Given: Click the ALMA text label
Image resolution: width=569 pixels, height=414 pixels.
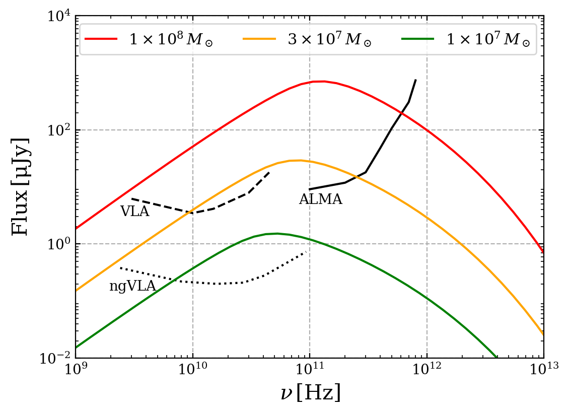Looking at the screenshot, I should coord(320,199).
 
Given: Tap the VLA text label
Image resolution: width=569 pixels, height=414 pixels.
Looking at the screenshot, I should coord(134,212).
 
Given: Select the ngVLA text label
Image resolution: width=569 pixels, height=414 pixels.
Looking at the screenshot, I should coord(132,287).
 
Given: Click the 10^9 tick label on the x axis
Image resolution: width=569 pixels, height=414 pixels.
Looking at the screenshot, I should coord(76,372).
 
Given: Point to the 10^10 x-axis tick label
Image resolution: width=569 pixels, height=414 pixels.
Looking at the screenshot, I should coord(193,372).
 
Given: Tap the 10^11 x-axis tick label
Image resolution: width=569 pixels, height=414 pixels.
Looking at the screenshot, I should coord(310,372).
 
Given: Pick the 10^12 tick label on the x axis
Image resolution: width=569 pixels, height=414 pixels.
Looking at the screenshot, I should coord(427,372).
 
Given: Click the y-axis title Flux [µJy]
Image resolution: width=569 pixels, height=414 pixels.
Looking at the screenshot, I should coord(21,187).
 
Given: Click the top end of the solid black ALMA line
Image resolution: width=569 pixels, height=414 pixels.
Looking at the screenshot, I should coord(415,80).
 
